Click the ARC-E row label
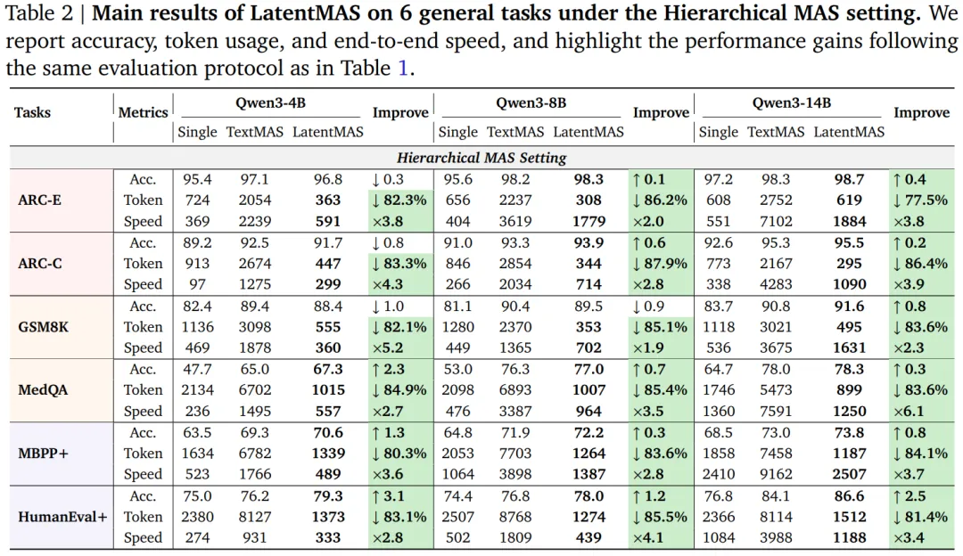[x=39, y=200]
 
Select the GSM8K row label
[x=43, y=326]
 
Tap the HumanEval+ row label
[x=62, y=517]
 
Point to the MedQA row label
[x=43, y=389]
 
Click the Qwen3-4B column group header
[x=270, y=102]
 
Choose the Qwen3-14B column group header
[x=792, y=102]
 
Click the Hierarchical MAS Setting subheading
[x=481, y=158]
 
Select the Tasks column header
[x=33, y=112]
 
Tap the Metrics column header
[x=143, y=112]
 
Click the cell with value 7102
[x=776, y=221]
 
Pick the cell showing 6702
[x=255, y=389]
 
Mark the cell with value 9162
[x=776, y=474]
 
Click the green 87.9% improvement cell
[x=661, y=263]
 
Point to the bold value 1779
[x=588, y=221]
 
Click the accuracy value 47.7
[x=197, y=369]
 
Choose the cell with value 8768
[x=515, y=517]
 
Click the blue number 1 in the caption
[x=403, y=68]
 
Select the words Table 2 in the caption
[x=38, y=13]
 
